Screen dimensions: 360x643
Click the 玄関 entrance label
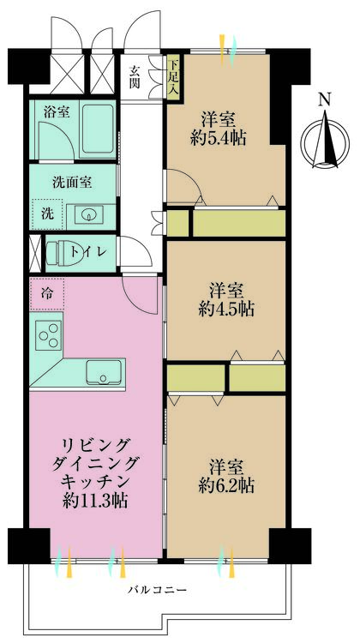pos(135,76)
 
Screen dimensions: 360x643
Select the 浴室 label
pos(57,112)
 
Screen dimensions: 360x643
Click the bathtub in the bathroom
pos(98,130)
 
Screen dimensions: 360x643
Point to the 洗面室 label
pos(72,181)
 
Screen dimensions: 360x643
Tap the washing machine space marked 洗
pos(47,214)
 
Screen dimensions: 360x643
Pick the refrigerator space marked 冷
pos(47,293)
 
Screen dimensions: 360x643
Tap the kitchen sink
pos(104,372)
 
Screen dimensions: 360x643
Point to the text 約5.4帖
pos(219,139)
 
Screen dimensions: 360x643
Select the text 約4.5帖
pos(226,309)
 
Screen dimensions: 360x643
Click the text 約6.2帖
pos(226,486)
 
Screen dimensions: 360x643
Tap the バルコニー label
pos(158,591)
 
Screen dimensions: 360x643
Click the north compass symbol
pos(325,141)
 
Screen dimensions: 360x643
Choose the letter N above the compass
pos(325,99)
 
